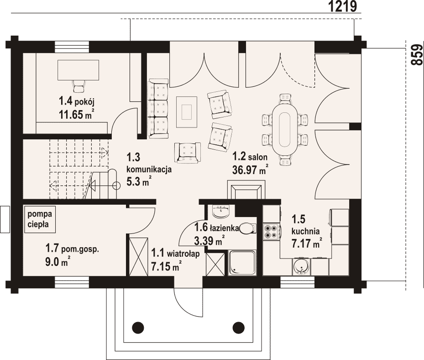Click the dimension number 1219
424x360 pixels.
click(x=343, y=6)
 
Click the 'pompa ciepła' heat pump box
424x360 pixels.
click(x=40, y=220)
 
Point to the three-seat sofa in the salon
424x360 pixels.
click(x=158, y=109)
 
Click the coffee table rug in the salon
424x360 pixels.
click(x=187, y=112)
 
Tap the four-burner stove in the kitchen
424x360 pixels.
click(x=271, y=232)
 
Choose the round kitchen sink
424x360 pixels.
click(x=301, y=267)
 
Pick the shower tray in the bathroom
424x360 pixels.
click(x=242, y=263)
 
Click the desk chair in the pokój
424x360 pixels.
click(x=79, y=87)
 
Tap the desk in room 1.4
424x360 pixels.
click(x=78, y=70)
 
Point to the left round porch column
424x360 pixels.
click(x=138, y=328)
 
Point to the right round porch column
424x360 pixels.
click(x=239, y=328)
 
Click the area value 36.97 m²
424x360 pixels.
click(x=250, y=170)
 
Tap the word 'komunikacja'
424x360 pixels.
click(x=149, y=170)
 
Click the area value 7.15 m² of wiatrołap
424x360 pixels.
click(x=166, y=267)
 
